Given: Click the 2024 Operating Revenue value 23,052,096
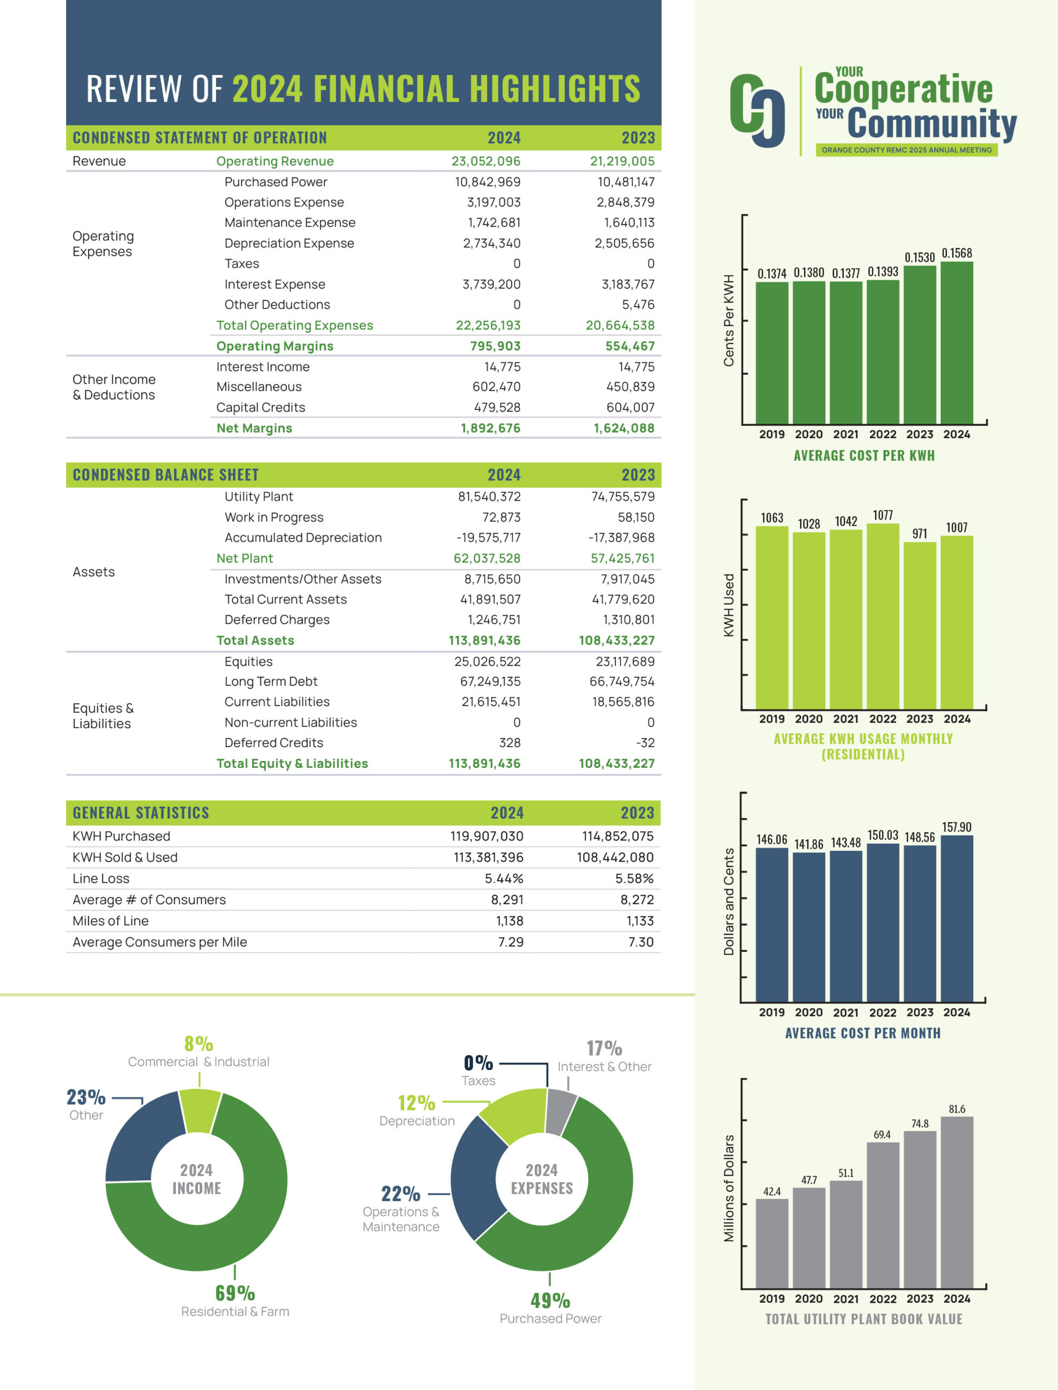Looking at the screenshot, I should coord(486,161).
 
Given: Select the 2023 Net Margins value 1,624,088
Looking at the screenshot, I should coord(623,428).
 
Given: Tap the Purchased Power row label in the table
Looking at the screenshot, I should coord(276,182).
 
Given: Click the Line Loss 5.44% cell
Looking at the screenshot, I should coord(504,879).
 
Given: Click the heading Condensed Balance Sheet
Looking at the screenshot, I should coord(165,475).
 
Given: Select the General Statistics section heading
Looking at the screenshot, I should coord(141,813).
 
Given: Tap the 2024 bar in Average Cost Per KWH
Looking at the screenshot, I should coord(957,343).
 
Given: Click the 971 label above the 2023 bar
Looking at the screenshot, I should coord(920,534).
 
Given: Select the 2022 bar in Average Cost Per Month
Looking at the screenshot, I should coord(882,923).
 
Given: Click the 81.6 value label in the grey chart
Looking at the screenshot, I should coord(957,1109).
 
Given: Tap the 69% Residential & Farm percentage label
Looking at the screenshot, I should coord(235,1293).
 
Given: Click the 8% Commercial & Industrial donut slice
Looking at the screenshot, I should coord(200,1110).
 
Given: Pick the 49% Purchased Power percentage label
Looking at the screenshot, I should coord(550,1300).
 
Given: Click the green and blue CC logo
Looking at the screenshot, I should coord(757,110).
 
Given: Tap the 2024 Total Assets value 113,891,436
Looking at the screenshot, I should coord(485,641).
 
